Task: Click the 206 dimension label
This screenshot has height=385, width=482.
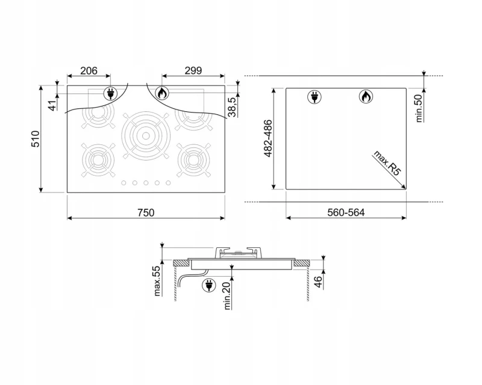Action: (89, 71)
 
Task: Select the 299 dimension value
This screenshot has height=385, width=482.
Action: (193, 71)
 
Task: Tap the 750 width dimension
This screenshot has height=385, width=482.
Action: (146, 213)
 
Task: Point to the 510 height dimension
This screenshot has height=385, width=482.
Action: (36, 139)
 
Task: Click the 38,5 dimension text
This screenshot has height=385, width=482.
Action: (233, 106)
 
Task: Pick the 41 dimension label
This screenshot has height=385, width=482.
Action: (54, 105)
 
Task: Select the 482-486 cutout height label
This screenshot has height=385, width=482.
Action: (268, 138)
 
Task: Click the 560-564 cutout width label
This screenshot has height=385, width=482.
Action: (346, 212)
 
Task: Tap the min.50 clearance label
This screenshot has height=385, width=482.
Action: (419, 108)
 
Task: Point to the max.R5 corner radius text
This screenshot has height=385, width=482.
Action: (387, 163)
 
